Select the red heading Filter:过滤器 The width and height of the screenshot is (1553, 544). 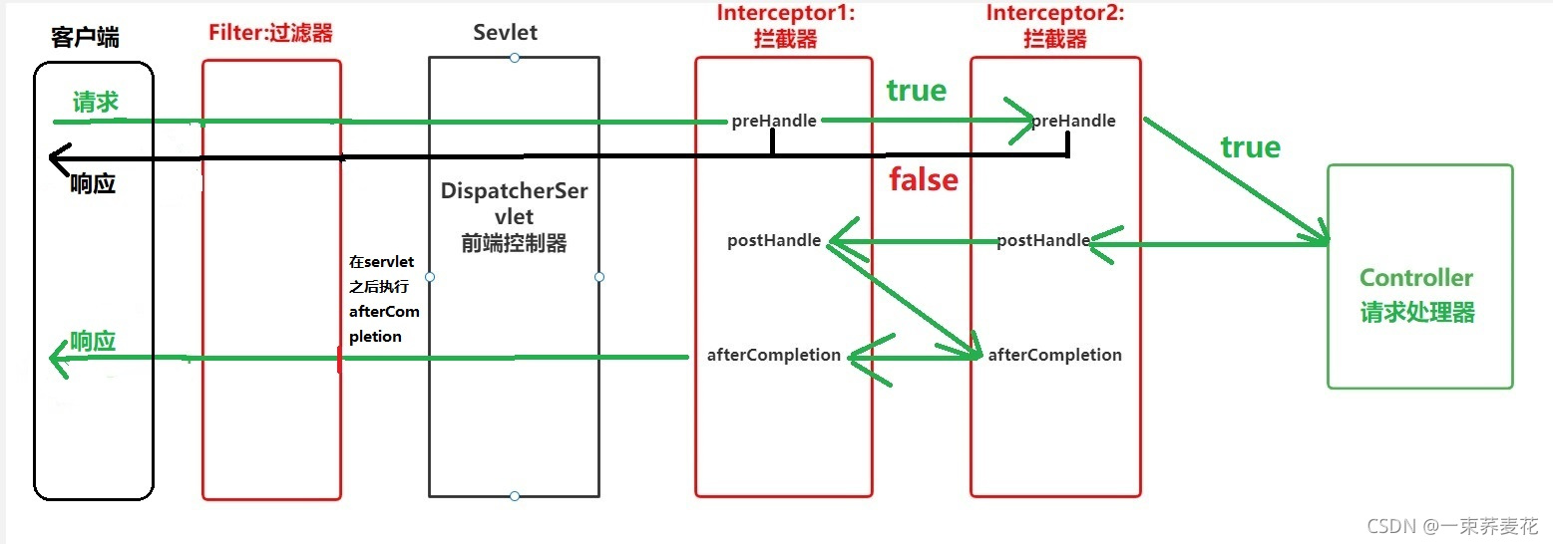[270, 32]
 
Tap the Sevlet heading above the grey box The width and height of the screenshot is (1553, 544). [505, 32]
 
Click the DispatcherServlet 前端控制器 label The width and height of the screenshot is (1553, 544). [514, 216]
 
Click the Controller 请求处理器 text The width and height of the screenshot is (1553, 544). [1416, 295]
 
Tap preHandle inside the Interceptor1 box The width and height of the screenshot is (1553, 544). [774, 121]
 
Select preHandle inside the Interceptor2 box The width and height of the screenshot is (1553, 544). [1073, 121]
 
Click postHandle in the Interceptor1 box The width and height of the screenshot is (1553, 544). [774, 240]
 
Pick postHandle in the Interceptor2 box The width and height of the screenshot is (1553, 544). [1043, 240]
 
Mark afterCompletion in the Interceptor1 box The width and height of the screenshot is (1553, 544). [774, 355]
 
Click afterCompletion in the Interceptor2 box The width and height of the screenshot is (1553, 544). [1055, 355]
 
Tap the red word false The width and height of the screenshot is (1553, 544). [924, 180]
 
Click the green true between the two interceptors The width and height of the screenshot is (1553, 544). [916, 91]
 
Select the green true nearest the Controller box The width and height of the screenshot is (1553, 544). [1250, 148]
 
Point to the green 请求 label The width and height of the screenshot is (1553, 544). [96, 103]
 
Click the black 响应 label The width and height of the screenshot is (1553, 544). [93, 184]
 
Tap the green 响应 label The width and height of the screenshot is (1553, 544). [93, 341]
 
